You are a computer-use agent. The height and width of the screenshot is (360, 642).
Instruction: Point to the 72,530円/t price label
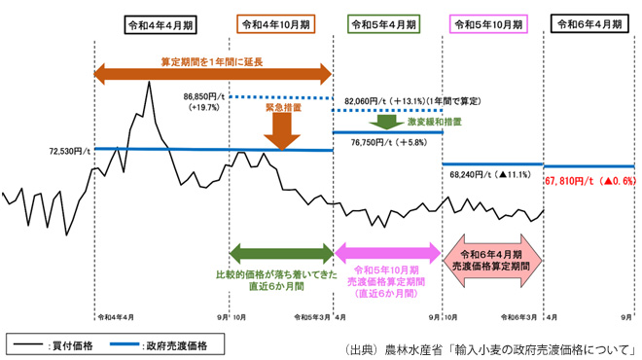pos(71,152)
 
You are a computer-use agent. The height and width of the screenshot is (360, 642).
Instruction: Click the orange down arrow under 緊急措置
pos(283,130)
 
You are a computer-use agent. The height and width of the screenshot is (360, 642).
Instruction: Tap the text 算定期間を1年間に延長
pos(206,59)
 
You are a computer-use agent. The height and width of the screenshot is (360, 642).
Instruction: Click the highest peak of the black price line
pos(149,82)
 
